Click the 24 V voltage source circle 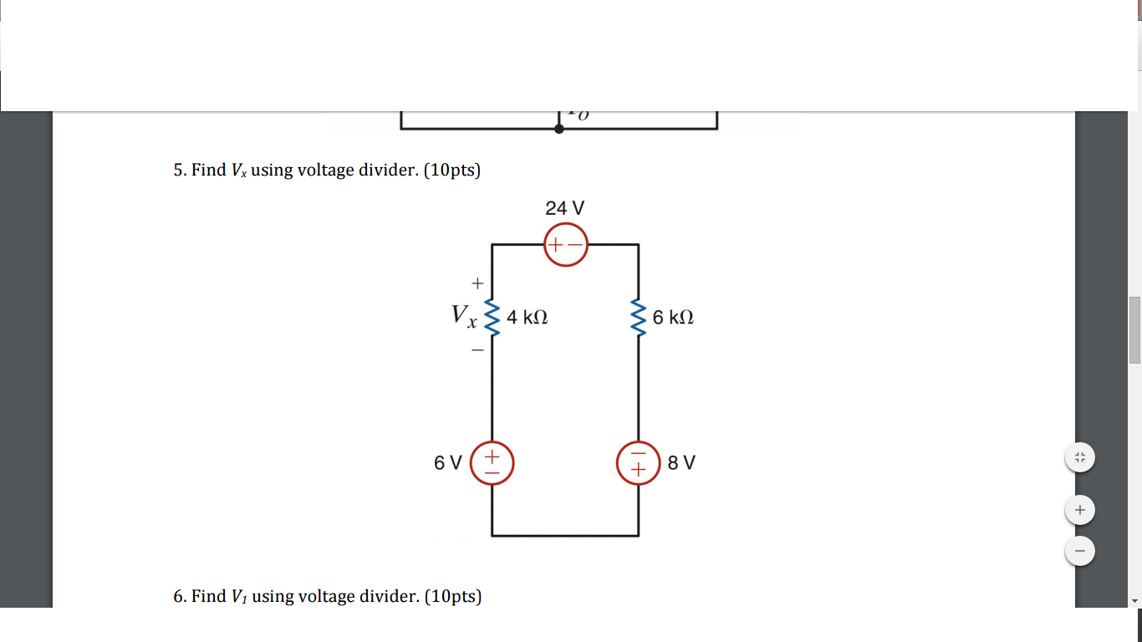click(x=566, y=245)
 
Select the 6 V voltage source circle click(x=492, y=463)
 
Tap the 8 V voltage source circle click(x=639, y=463)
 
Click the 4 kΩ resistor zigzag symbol click(x=492, y=318)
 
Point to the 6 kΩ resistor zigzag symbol click(x=639, y=318)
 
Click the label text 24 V click(x=564, y=208)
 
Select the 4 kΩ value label click(x=527, y=318)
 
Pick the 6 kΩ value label click(x=673, y=318)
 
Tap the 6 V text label click(x=447, y=463)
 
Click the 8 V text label click(x=681, y=463)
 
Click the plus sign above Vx click(x=477, y=283)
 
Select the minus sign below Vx click(x=477, y=351)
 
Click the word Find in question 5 click(x=209, y=171)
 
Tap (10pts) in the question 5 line click(x=452, y=171)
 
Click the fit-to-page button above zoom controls click(x=1080, y=457)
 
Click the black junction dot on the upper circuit click(x=558, y=130)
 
